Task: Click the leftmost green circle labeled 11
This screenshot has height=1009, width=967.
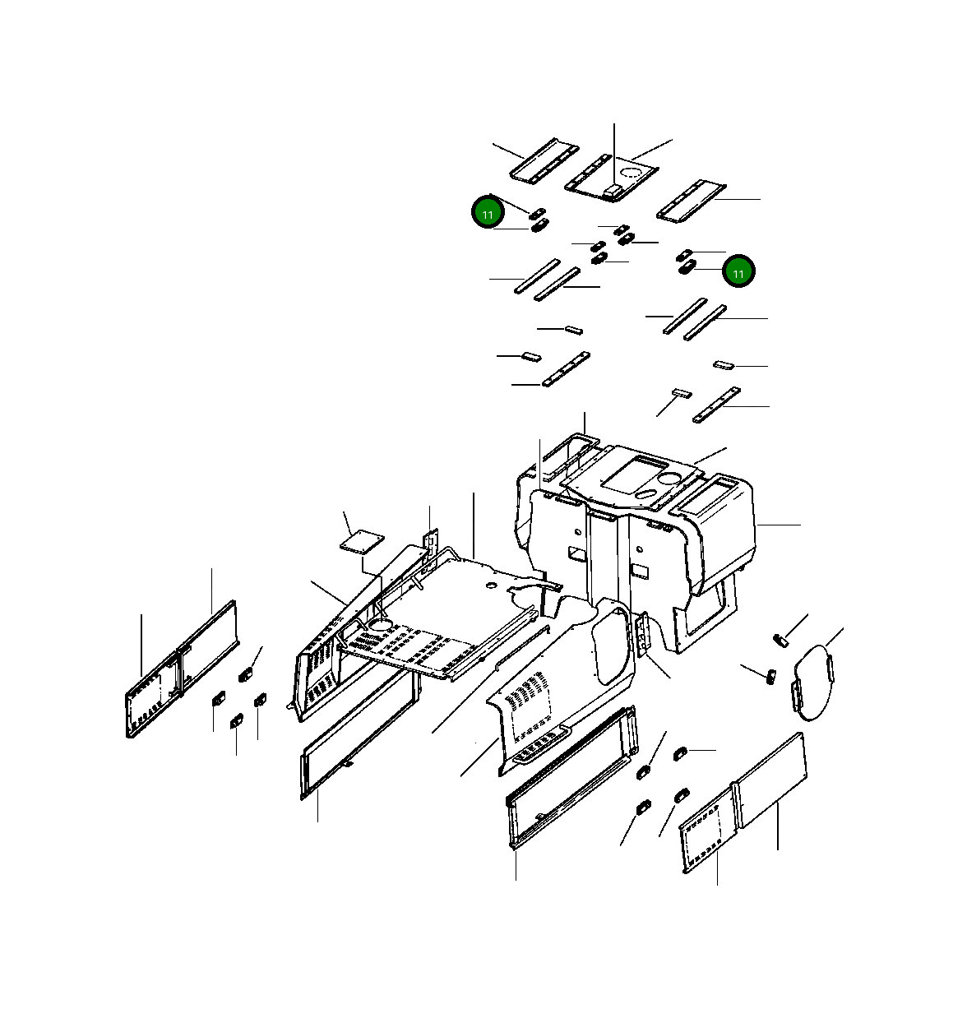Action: (x=488, y=213)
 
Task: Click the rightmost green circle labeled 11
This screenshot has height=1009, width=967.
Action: (x=738, y=271)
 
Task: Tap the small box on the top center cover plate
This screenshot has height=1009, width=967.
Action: (x=612, y=189)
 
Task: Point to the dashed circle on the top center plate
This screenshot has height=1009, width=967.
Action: (x=631, y=174)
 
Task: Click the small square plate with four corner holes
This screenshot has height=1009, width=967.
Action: (x=362, y=541)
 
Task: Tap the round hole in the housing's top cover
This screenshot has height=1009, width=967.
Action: (x=669, y=478)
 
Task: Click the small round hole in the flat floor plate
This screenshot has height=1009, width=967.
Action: (x=490, y=585)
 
